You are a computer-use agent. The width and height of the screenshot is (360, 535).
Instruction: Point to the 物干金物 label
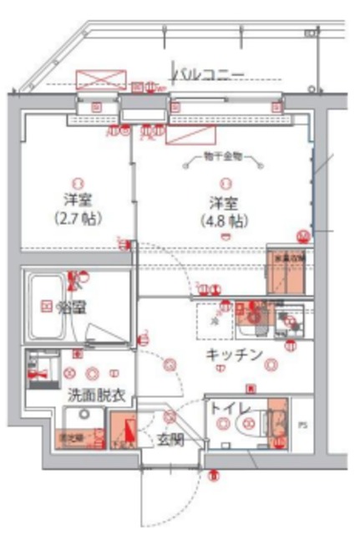(x=222, y=158)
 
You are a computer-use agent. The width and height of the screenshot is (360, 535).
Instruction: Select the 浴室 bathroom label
(x=68, y=307)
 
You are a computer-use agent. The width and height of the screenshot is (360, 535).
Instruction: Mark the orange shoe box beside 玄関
(x=125, y=433)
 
